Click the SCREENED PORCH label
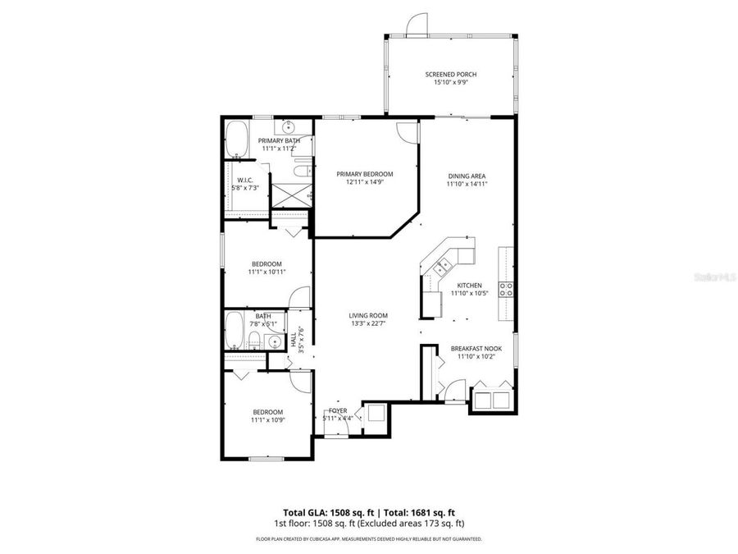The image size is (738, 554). click(450, 75)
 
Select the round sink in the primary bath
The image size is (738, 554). click(289, 128)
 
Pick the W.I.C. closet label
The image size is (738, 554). click(244, 180)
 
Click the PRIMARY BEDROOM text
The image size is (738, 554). click(365, 174)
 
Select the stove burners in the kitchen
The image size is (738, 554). click(508, 288)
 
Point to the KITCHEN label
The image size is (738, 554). click(469, 285)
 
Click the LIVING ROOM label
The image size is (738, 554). click(367, 315)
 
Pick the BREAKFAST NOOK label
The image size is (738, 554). click(476, 349)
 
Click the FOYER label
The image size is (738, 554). click(338, 410)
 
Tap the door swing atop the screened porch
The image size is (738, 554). click(417, 24)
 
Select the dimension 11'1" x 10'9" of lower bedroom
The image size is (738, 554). click(267, 420)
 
